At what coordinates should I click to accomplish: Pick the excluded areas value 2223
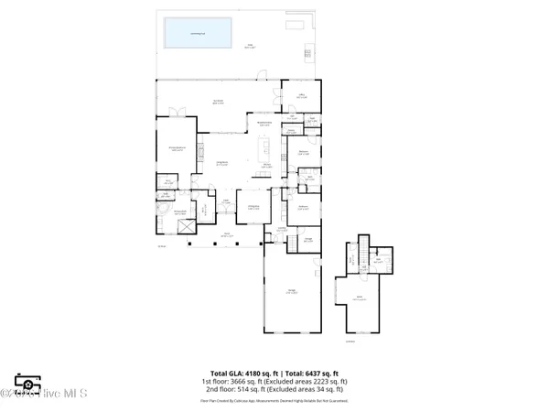point(324,381)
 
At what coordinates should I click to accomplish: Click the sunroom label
point(219,101)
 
